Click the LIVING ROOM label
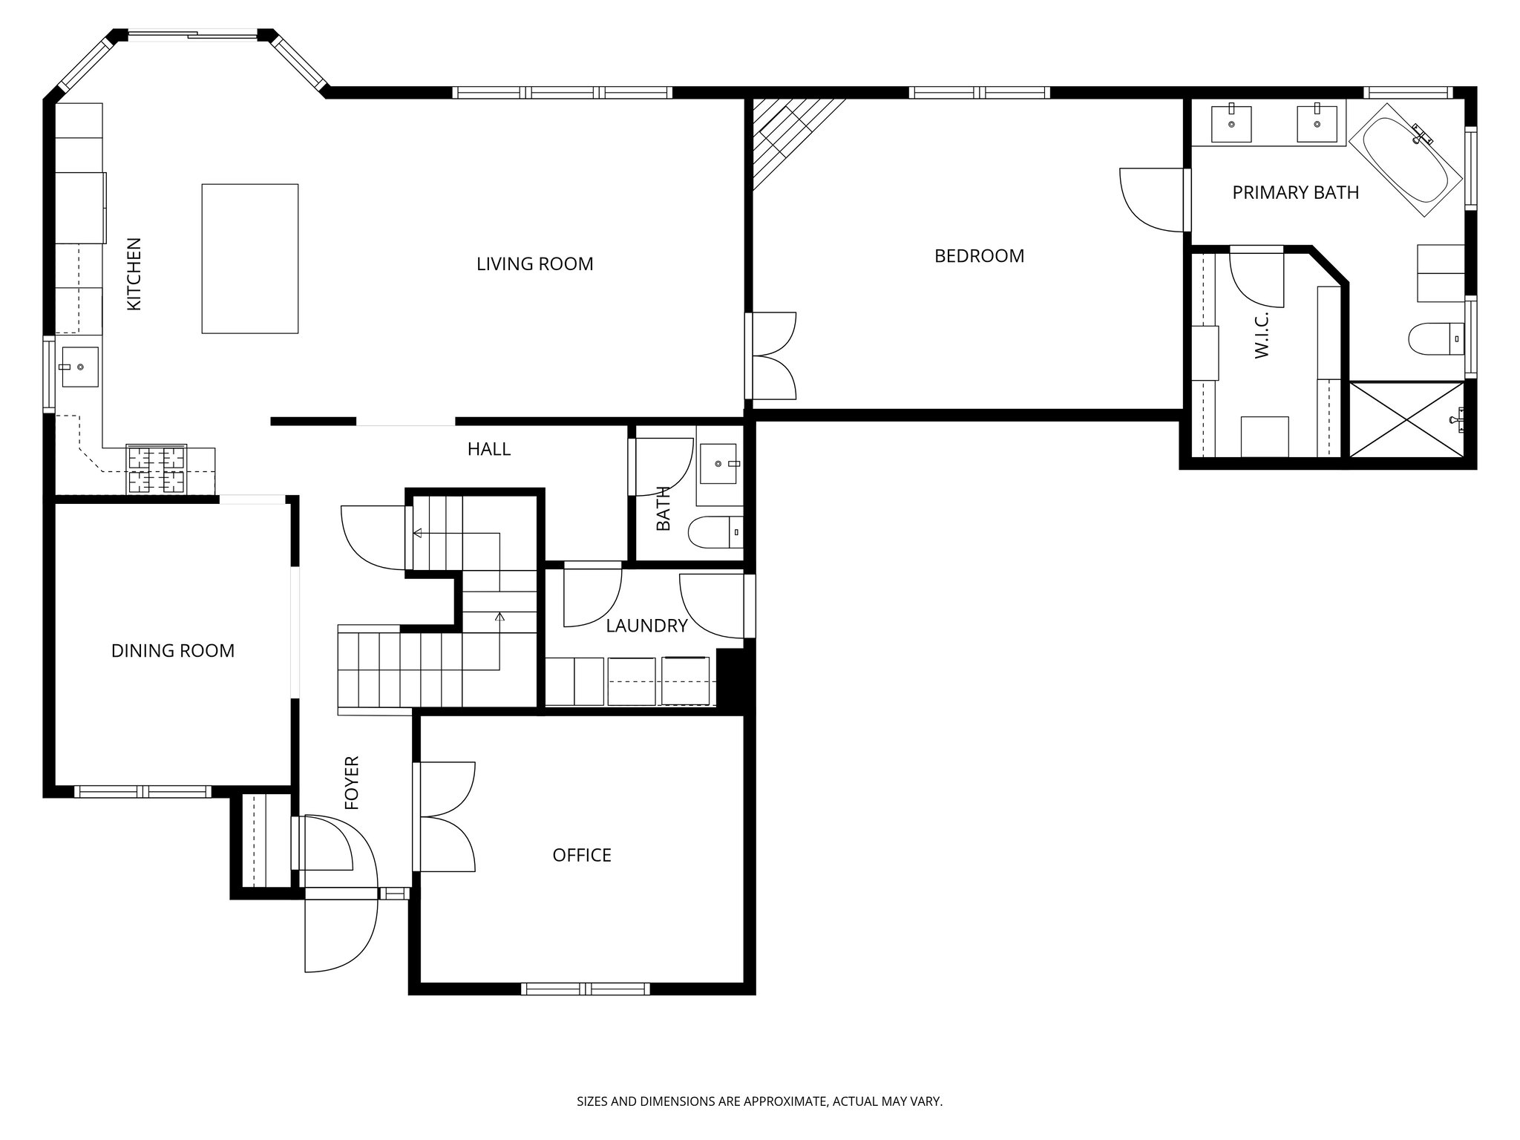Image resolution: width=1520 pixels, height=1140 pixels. [534, 263]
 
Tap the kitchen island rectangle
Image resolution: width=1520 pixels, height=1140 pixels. [250, 258]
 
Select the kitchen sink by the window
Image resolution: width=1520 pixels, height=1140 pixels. [79, 367]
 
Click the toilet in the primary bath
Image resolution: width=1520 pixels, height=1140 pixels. [1436, 339]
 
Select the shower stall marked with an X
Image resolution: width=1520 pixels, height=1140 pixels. [1406, 419]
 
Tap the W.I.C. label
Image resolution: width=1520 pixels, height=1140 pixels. [1262, 335]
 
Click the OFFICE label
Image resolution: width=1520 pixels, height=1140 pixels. [582, 855]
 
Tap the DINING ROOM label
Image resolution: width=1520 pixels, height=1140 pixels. [173, 651]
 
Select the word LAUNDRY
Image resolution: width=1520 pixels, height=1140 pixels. [646, 626]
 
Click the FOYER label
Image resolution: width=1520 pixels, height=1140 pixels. [352, 782]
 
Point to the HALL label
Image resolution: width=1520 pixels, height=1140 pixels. [489, 449]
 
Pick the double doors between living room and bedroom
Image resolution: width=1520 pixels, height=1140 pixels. [772, 356]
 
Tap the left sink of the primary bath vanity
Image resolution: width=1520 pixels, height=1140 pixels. [1231, 124]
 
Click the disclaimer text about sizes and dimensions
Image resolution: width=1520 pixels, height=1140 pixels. [759, 1101]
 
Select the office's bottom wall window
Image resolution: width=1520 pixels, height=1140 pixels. [586, 989]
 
